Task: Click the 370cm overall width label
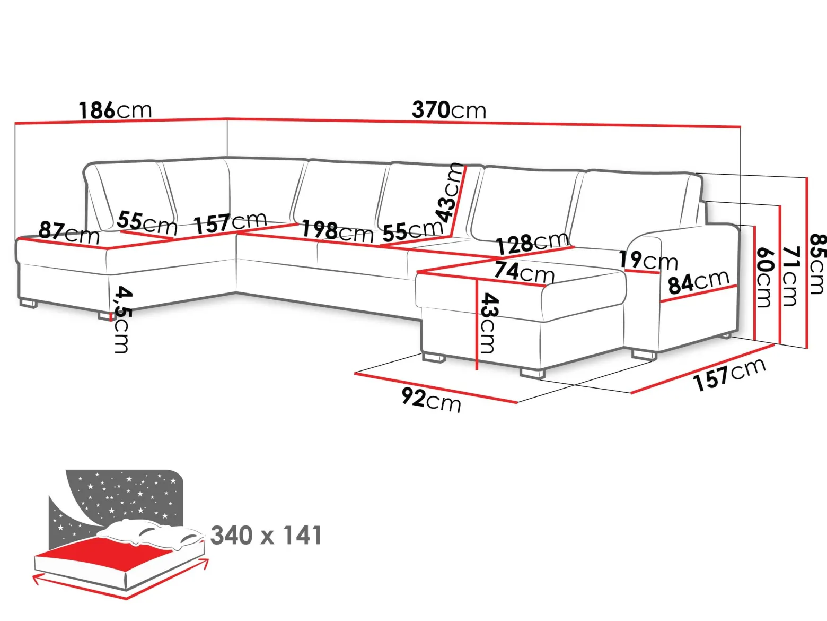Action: (448, 110)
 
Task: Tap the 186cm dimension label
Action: (115, 110)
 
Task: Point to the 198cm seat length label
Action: (338, 231)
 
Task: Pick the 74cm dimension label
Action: (524, 272)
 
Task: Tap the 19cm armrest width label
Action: (648, 261)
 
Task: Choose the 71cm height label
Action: (790, 276)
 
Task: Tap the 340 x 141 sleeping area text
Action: (266, 536)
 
